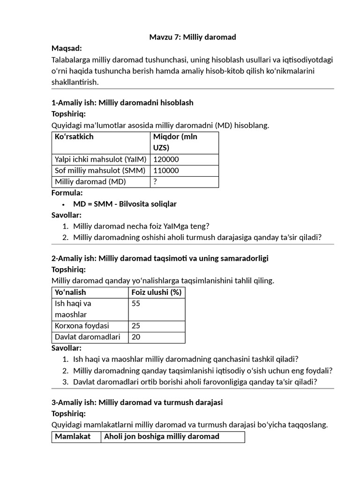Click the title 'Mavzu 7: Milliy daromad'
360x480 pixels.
[192, 37]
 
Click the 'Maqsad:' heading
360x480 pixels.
[67, 48]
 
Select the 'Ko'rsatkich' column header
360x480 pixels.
[74, 137]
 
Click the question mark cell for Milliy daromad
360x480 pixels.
[155, 182]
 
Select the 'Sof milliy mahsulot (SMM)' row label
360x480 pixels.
[100, 171]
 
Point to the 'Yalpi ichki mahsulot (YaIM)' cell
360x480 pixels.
[100, 159]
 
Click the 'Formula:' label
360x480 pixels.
[67, 193]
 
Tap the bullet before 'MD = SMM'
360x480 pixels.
[63, 204]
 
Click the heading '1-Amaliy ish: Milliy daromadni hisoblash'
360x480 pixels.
[122, 103]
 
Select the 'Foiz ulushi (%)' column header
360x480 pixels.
[157, 292]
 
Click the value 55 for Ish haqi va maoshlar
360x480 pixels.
[136, 303]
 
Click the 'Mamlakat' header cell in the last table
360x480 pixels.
[73, 437]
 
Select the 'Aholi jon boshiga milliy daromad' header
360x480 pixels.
[161, 437]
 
